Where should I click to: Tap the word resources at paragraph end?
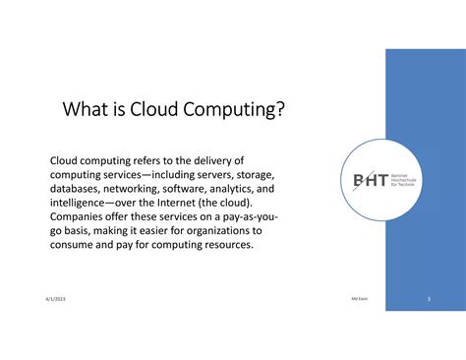click(x=226, y=245)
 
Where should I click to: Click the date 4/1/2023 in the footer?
click(x=55, y=297)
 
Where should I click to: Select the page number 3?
click(x=429, y=297)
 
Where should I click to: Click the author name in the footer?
click(x=359, y=297)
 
